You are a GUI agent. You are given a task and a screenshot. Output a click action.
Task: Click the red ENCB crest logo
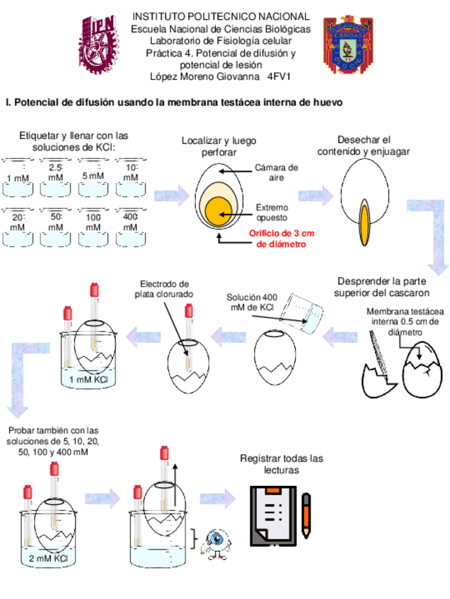point(347,45)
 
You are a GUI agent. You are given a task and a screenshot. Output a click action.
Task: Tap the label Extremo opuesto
point(272,212)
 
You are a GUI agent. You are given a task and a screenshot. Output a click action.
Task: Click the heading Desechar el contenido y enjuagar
point(363,146)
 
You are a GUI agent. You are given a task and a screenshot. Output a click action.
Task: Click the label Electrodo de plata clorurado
point(164,289)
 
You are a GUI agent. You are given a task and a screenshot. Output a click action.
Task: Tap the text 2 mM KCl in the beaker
point(49,558)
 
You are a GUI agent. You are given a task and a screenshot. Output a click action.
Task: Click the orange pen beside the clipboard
point(306,514)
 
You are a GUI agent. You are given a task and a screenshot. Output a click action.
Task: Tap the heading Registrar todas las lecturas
point(282,464)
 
